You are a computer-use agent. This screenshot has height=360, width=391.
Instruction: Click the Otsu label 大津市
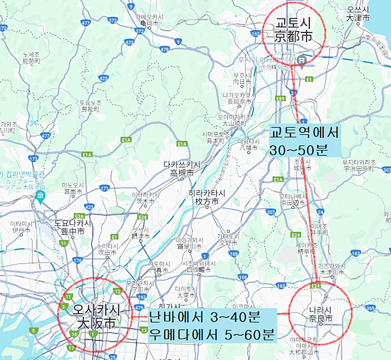[x=358, y=17]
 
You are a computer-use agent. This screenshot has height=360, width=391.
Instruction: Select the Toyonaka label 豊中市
[x=73, y=231]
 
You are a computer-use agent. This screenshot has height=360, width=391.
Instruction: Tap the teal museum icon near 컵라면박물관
[x=40, y=196]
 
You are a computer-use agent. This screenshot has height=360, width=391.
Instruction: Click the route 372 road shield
[x=112, y=21]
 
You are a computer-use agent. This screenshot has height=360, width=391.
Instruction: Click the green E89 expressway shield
[x=281, y=98]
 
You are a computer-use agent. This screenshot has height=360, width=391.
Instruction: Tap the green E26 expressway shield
[x=142, y=217]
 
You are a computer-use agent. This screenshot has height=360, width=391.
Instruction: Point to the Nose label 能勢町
[x=31, y=60]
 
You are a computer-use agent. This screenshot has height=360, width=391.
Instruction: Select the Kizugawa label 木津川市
[x=327, y=272]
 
